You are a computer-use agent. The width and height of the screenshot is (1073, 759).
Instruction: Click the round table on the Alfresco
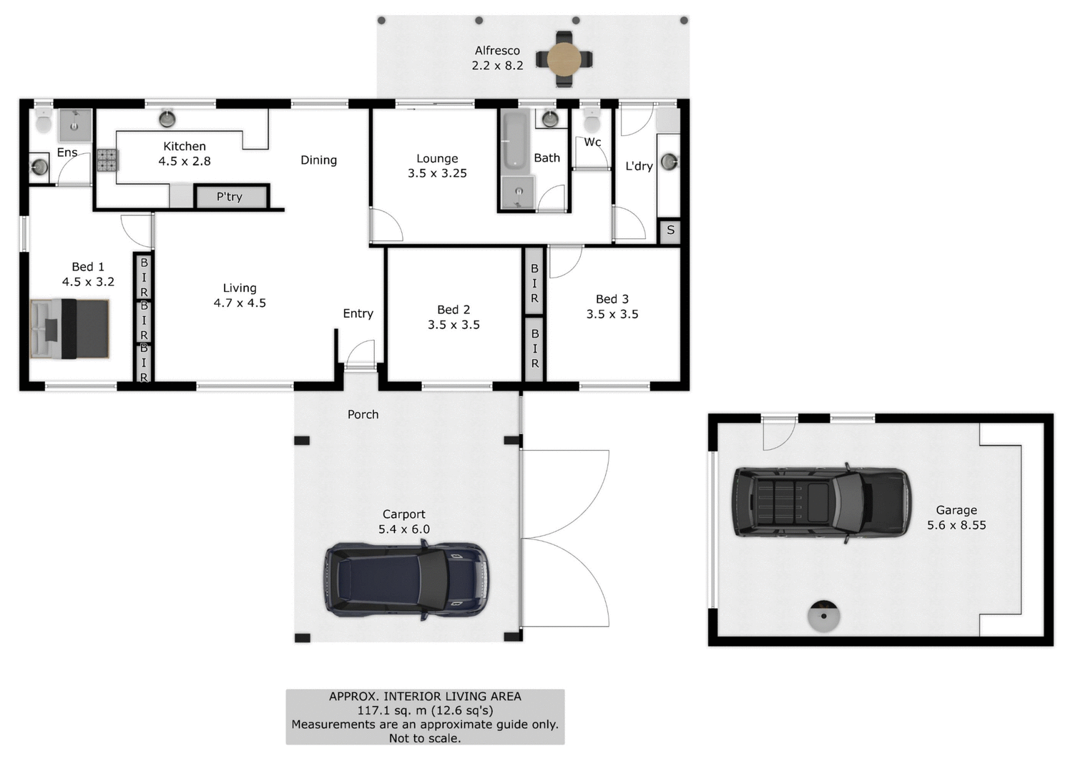click(564, 59)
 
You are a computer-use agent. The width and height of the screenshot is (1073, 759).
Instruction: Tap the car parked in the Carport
click(407, 579)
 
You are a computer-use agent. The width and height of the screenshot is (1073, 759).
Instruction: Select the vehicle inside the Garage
click(821, 501)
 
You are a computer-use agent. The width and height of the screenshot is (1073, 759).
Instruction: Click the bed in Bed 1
click(70, 328)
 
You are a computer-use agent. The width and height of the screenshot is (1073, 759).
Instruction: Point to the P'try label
click(230, 197)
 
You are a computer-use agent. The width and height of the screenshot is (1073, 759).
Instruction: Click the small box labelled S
click(670, 230)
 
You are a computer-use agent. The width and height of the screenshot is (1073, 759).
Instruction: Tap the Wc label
click(592, 142)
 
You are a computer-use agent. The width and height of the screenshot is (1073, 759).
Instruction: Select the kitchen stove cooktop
click(107, 160)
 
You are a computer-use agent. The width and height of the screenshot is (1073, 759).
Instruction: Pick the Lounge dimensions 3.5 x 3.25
click(437, 173)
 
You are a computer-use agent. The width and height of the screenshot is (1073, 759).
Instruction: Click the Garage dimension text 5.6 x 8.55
click(956, 525)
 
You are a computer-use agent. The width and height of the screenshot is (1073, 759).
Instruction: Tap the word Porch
click(363, 414)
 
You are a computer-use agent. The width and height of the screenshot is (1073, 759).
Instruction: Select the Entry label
click(358, 313)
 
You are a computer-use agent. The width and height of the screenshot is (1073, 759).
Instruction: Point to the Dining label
click(318, 160)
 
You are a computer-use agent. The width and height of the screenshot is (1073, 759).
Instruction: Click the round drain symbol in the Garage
click(823, 615)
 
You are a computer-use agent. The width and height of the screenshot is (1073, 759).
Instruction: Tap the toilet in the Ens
click(44, 122)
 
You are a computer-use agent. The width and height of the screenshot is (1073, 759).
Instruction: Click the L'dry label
click(639, 166)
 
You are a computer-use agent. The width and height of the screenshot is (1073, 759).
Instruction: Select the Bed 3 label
click(612, 299)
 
